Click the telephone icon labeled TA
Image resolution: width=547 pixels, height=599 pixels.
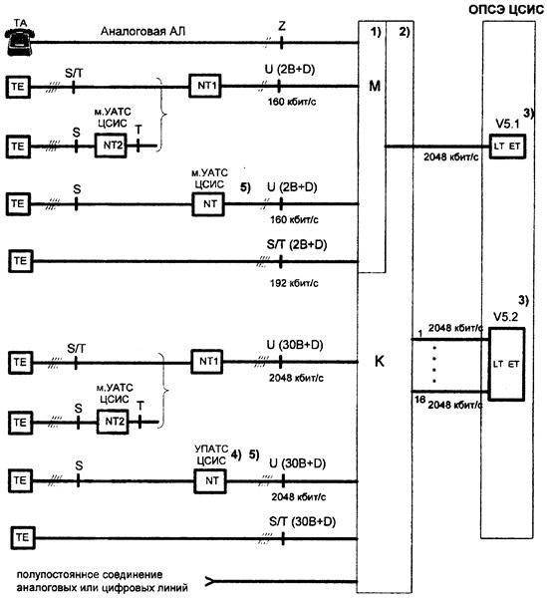(20, 42)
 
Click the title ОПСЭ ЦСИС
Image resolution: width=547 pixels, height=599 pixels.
(506, 10)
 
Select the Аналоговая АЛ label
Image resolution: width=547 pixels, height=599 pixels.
(142, 31)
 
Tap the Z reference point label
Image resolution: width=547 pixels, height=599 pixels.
(282, 26)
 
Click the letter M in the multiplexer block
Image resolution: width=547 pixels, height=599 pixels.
(375, 86)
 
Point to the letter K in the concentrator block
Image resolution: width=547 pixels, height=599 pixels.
(379, 361)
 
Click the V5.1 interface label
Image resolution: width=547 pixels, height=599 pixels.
(507, 124)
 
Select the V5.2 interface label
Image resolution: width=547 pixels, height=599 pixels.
(505, 317)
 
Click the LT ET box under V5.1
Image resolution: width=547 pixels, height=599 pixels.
(507, 146)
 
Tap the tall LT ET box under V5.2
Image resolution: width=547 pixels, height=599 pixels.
(506, 364)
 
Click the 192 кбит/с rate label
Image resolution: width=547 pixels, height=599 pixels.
(294, 283)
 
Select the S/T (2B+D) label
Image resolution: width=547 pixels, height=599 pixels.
(297, 244)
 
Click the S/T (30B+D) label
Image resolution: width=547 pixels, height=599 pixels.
(302, 521)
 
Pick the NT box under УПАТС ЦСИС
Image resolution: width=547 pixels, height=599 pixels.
(210, 480)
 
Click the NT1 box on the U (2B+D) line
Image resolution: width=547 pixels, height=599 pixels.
(205, 86)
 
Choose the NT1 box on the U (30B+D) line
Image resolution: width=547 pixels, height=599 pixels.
(207, 362)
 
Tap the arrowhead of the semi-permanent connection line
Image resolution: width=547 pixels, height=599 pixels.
(209, 581)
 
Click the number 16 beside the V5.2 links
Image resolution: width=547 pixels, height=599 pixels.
(420, 400)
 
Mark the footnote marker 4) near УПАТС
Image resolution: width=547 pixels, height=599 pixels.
(236, 454)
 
